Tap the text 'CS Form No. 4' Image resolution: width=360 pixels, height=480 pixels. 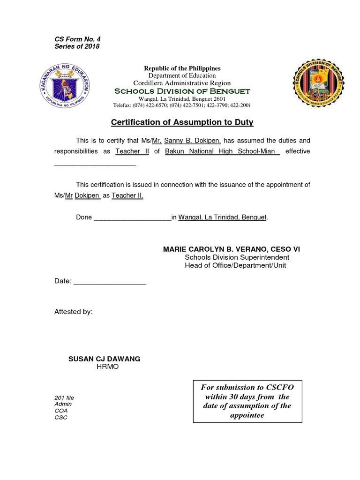(77, 39)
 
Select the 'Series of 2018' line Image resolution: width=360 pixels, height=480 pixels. (77, 46)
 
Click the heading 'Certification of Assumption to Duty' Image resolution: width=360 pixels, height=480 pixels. (182, 122)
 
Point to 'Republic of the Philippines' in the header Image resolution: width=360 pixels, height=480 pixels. (182, 68)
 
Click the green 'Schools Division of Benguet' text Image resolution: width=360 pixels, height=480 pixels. (182, 91)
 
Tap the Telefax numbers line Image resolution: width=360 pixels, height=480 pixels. (182, 105)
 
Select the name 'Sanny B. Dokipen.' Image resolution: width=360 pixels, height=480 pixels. (186, 141)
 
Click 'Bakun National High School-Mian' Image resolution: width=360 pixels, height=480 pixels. (222, 151)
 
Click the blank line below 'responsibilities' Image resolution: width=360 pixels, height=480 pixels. (95, 164)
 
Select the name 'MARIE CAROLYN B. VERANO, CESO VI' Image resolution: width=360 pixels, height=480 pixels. (231, 249)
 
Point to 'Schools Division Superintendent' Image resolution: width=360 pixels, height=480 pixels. (237, 257)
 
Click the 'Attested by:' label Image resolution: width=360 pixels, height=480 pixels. (74, 312)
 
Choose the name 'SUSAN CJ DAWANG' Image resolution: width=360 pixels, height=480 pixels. (104, 359)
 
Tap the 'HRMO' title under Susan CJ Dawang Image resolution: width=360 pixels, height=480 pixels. (108, 367)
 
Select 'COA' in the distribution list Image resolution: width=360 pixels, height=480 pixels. (61, 411)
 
